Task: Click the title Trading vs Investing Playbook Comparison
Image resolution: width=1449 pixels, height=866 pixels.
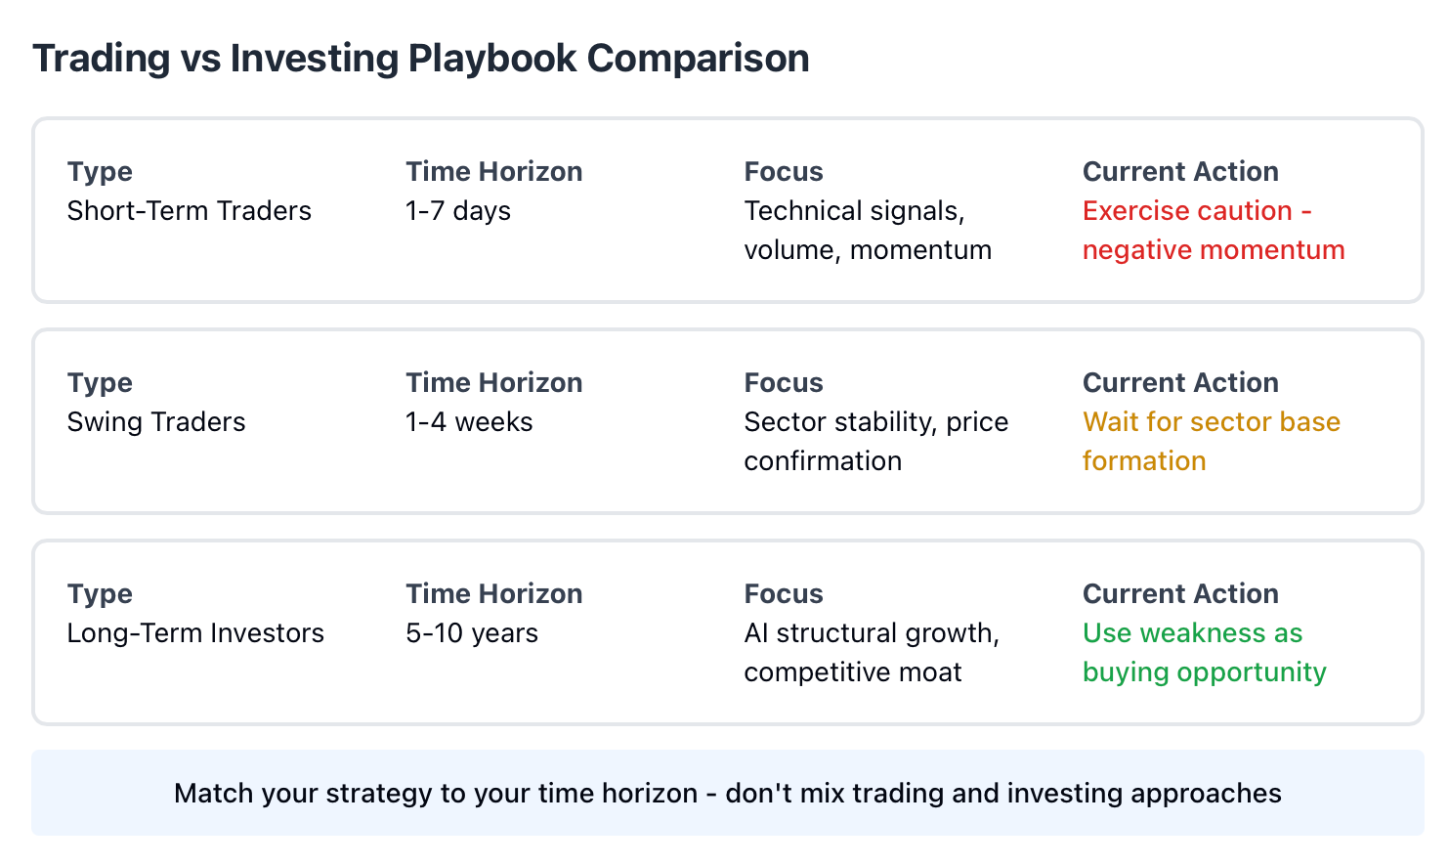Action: click(x=421, y=59)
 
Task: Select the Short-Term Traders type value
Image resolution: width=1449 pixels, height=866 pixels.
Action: click(x=189, y=211)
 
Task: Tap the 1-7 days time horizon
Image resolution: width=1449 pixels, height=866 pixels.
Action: click(x=458, y=212)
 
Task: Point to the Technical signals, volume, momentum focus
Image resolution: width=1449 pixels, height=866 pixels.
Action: click(x=868, y=231)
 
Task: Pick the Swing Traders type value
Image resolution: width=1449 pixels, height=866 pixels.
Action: click(x=156, y=422)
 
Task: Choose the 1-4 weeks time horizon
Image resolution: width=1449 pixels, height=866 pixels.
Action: click(x=469, y=422)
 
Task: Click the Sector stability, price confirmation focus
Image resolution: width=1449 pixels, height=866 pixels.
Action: click(x=875, y=442)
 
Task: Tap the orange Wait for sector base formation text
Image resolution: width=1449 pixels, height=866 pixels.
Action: click(x=1211, y=442)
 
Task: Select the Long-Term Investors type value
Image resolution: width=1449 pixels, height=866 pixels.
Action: click(x=195, y=633)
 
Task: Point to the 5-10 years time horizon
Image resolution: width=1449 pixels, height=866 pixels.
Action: click(x=472, y=633)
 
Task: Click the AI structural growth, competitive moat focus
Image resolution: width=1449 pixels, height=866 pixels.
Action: click(x=872, y=652)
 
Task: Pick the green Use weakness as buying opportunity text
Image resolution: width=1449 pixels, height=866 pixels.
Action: click(x=1205, y=652)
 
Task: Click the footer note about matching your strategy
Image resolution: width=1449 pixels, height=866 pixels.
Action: click(x=728, y=794)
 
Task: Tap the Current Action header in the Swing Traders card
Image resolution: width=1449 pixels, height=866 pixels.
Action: click(x=1180, y=382)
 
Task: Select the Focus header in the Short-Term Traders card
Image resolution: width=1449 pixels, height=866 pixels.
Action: click(x=784, y=171)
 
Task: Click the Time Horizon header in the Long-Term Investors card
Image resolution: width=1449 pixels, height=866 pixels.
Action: click(x=494, y=593)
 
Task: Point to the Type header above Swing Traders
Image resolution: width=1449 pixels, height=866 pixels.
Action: click(x=100, y=383)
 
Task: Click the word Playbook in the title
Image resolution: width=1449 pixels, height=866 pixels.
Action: click(x=491, y=59)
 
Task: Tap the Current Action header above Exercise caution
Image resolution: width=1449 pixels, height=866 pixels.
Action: click(x=1180, y=171)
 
